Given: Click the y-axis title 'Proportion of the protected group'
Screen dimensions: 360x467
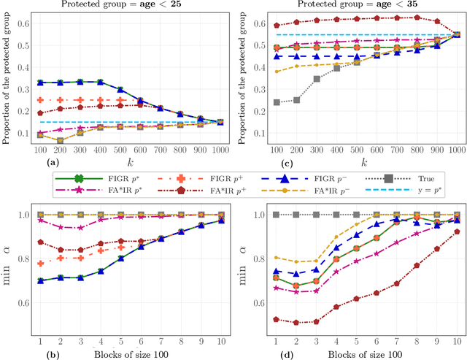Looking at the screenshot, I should pos(7,73).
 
